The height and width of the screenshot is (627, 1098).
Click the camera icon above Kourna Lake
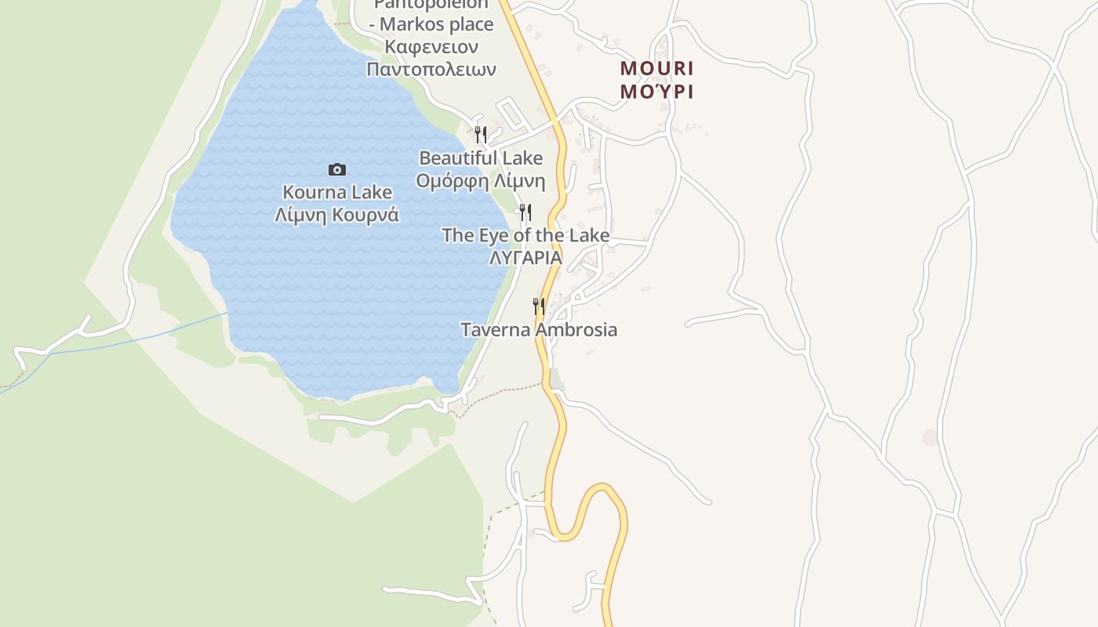tap(336, 169)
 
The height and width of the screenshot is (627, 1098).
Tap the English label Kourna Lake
tap(336, 192)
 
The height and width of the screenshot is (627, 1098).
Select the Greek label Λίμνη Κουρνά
tap(336, 215)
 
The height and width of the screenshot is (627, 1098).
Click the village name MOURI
tap(656, 68)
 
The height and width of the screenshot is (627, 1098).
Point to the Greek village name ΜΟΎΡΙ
tap(656, 91)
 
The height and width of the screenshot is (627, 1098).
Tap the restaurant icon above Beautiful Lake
tap(481, 134)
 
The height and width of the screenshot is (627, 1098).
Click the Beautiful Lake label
tap(481, 158)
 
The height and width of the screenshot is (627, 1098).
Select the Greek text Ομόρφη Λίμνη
tap(481, 181)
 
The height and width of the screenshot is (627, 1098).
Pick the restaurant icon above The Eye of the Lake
tap(525, 212)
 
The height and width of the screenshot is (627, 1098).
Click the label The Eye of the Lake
tap(525, 235)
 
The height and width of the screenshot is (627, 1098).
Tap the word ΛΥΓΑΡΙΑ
tap(525, 257)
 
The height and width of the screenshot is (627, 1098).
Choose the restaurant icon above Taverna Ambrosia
tap(539, 306)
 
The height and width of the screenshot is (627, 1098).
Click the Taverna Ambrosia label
tap(539, 330)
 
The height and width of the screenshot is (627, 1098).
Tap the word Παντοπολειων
tap(431, 69)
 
